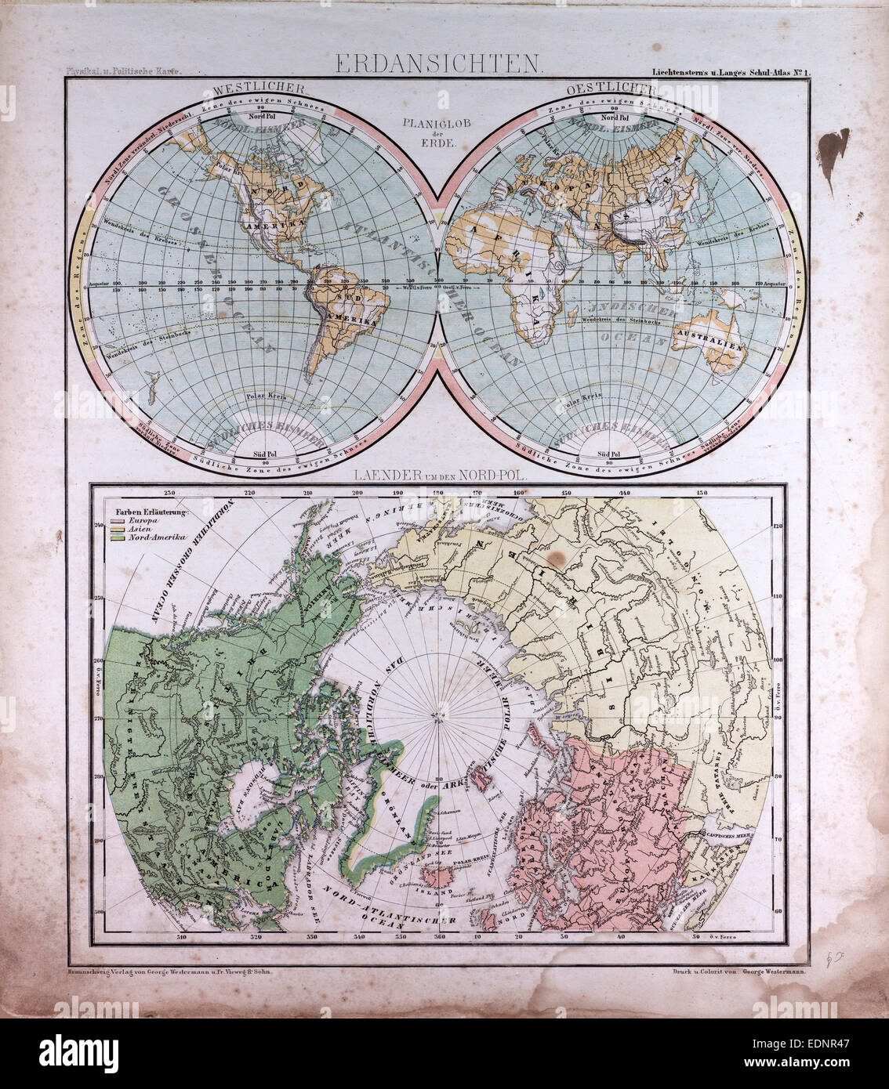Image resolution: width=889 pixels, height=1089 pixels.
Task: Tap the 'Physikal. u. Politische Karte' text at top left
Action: point(125,71)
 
